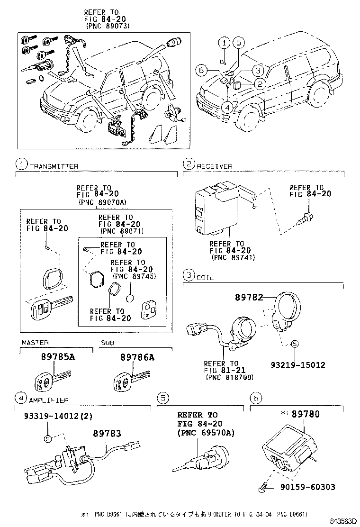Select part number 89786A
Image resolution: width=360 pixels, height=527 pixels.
click(x=137, y=357)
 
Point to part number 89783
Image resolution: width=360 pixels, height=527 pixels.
click(x=107, y=433)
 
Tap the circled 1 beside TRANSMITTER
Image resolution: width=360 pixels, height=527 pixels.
click(x=21, y=164)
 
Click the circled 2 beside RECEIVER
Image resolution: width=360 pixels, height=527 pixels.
click(x=189, y=164)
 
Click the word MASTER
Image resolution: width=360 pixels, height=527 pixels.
click(x=35, y=343)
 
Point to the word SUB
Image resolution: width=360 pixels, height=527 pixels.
click(x=107, y=343)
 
